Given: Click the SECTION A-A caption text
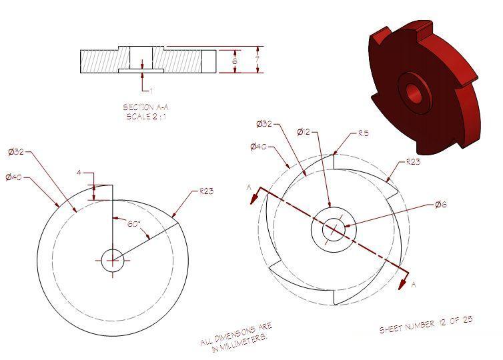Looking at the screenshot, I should (x=145, y=107).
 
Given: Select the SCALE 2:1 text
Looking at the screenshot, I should (x=145, y=116).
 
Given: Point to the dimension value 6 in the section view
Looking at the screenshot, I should (x=234, y=61).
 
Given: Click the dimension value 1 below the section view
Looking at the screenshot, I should (x=151, y=90).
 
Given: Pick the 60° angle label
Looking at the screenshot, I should (x=133, y=225).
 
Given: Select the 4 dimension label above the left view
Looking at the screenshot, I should (x=79, y=173).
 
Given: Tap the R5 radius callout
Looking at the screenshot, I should (x=364, y=133).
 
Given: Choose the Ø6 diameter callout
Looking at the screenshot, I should (x=440, y=204).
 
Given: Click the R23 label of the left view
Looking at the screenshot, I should (x=206, y=191).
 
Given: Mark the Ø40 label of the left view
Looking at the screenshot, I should (x=13, y=177).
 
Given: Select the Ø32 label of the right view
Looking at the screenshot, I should (x=265, y=123).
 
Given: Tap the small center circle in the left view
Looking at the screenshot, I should (x=112, y=260).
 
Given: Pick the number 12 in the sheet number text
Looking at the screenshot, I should (x=442, y=325).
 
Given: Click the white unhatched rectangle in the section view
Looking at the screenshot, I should (x=209, y=61).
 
